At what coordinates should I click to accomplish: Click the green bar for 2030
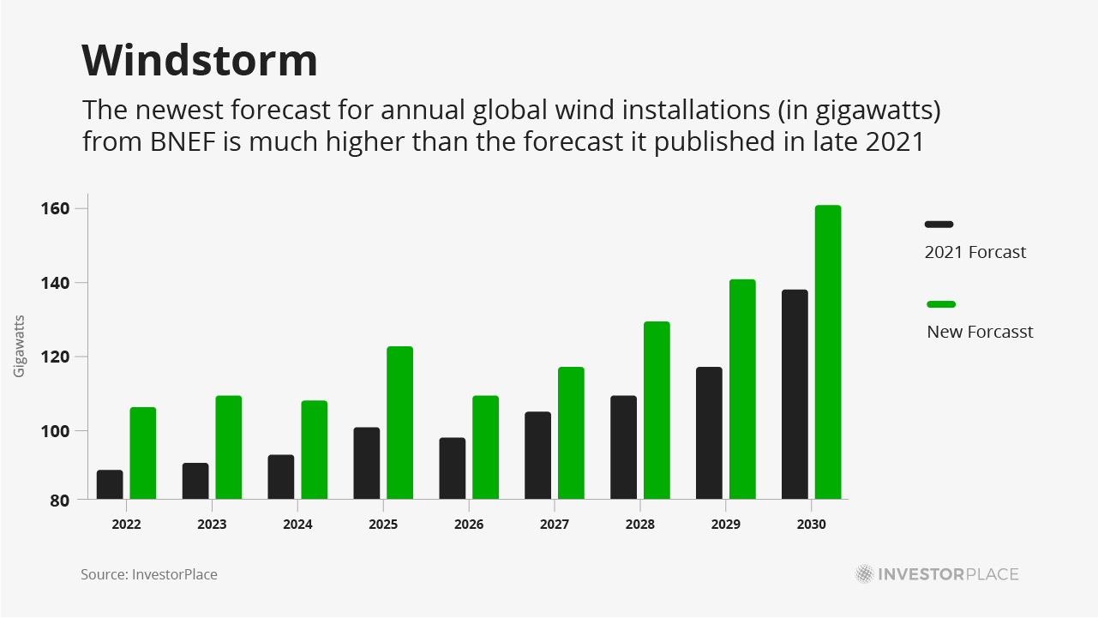coord(828,352)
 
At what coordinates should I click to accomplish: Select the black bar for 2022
coord(110,484)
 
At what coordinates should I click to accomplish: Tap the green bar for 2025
coord(399,423)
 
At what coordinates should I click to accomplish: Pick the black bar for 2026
coord(453,468)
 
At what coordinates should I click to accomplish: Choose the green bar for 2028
coord(657,411)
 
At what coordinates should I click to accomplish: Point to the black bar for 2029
coord(709,433)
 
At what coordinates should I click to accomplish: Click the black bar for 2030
coord(795,394)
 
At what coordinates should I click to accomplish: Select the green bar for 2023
coord(229,447)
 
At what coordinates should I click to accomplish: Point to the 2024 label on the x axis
coord(297,525)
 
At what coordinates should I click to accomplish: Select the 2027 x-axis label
coord(555,525)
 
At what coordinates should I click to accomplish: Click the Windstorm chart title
coord(200,61)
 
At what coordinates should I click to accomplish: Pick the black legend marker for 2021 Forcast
coord(939,225)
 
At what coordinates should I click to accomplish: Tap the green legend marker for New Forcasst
coord(941,304)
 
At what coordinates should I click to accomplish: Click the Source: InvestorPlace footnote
coord(149,574)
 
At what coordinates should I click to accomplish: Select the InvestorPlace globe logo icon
coord(865,574)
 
